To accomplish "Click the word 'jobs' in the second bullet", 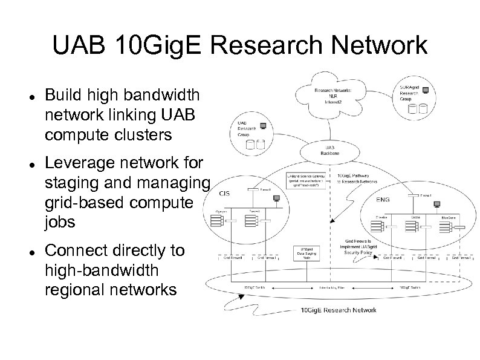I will (60, 221).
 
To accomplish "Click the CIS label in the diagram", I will (224, 194).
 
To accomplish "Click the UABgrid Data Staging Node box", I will (306, 252).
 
